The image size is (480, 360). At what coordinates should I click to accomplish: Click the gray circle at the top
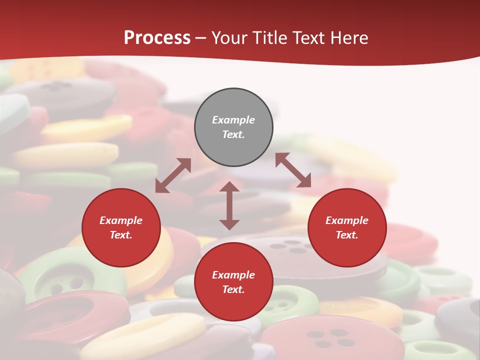233,127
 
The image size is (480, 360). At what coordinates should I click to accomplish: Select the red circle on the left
121,227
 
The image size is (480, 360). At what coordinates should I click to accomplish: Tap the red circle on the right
347,227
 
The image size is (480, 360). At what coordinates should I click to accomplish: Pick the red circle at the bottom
233,282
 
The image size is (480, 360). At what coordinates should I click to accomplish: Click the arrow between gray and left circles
173,175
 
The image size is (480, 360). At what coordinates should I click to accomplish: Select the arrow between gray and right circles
293,170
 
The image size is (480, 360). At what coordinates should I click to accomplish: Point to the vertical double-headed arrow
229,205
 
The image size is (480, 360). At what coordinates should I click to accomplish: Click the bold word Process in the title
157,37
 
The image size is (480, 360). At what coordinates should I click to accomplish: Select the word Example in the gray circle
233,120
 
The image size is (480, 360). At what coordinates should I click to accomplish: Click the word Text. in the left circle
121,235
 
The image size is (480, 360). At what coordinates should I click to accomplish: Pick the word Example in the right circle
347,220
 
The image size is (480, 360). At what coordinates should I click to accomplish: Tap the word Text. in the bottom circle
233,289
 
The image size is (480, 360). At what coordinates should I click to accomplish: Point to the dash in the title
201,38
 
